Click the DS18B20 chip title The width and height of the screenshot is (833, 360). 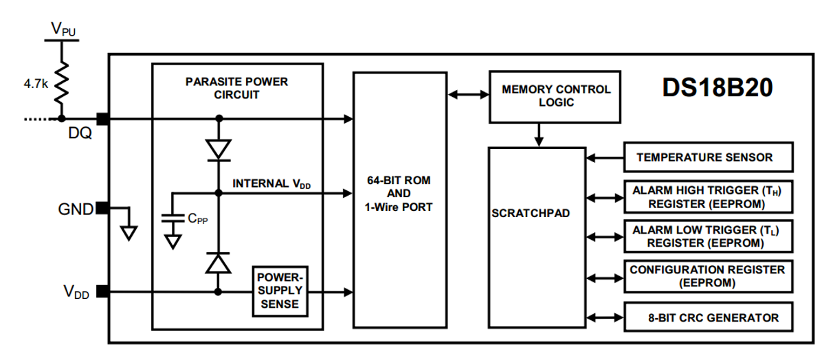coord(717,88)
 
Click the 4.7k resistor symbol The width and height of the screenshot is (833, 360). coord(62,83)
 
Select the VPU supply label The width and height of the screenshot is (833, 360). coord(63,29)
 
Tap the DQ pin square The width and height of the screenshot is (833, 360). coord(103,119)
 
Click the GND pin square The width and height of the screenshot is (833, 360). coord(102,208)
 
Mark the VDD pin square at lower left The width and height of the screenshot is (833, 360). coord(103,291)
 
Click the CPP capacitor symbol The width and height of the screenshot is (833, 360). coord(173,218)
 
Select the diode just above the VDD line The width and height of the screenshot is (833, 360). coord(219,263)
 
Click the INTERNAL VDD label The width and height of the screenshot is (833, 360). coord(271,183)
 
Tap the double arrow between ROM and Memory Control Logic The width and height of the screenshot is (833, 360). coord(469,95)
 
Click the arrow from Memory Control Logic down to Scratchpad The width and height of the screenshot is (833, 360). coord(539,135)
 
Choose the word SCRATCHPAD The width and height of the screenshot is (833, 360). coord(531,213)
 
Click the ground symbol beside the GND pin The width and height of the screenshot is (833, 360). coord(129,234)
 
